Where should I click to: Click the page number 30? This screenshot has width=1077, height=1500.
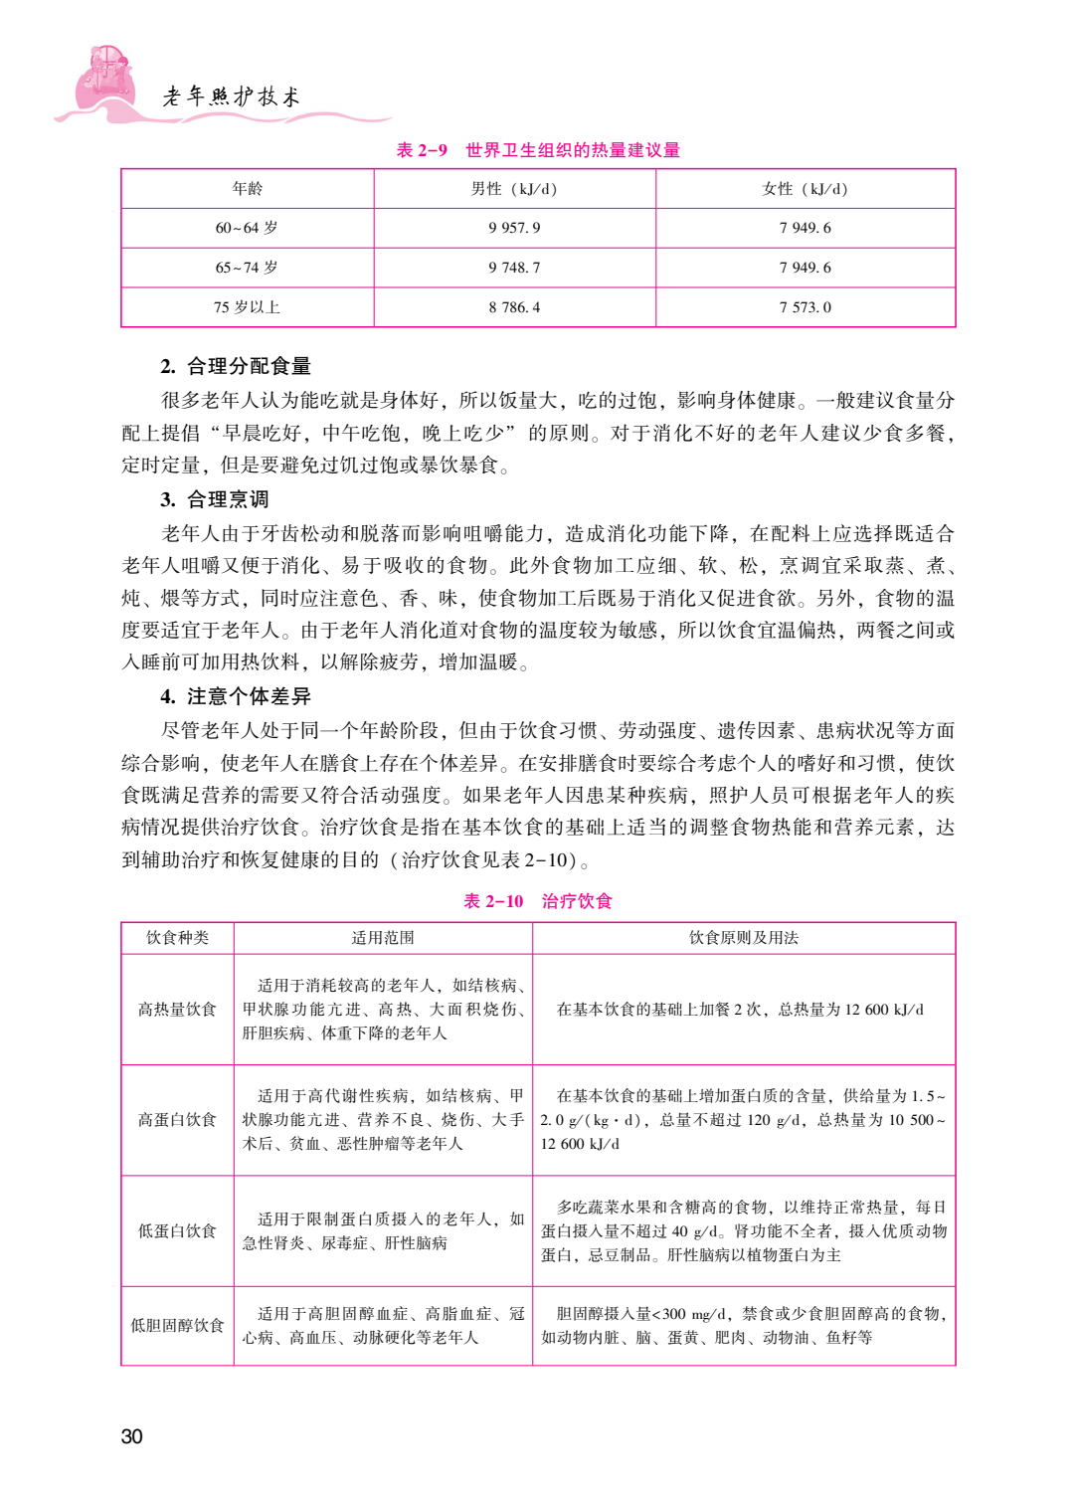point(131,1435)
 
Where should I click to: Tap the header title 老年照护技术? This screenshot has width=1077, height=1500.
point(232,96)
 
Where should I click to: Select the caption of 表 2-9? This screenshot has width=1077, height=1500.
point(538,150)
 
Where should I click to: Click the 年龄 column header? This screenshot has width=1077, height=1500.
point(248,189)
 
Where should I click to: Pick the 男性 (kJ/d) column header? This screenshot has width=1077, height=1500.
point(514,189)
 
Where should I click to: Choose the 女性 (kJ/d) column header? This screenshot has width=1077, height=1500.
point(805,189)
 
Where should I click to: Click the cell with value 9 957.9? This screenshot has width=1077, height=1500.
point(514,228)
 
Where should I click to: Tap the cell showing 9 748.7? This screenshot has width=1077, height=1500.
point(514,268)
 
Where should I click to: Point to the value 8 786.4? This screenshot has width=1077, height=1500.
point(514,307)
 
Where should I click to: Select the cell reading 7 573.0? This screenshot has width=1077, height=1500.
point(805,307)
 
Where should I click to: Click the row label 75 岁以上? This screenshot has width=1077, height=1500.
point(248,307)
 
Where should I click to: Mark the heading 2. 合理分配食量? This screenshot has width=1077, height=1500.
point(236,366)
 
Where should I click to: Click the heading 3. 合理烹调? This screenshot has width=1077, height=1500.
point(215,499)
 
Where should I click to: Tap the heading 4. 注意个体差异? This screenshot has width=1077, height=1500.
point(236,696)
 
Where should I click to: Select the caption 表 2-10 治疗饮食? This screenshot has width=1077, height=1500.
point(538,901)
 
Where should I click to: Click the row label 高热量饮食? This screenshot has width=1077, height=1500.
point(177,1010)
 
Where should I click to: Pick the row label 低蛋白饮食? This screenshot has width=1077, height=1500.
point(177,1231)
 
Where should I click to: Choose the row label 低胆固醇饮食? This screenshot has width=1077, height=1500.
point(177,1326)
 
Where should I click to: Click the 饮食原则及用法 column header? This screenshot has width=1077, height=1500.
point(744,938)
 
